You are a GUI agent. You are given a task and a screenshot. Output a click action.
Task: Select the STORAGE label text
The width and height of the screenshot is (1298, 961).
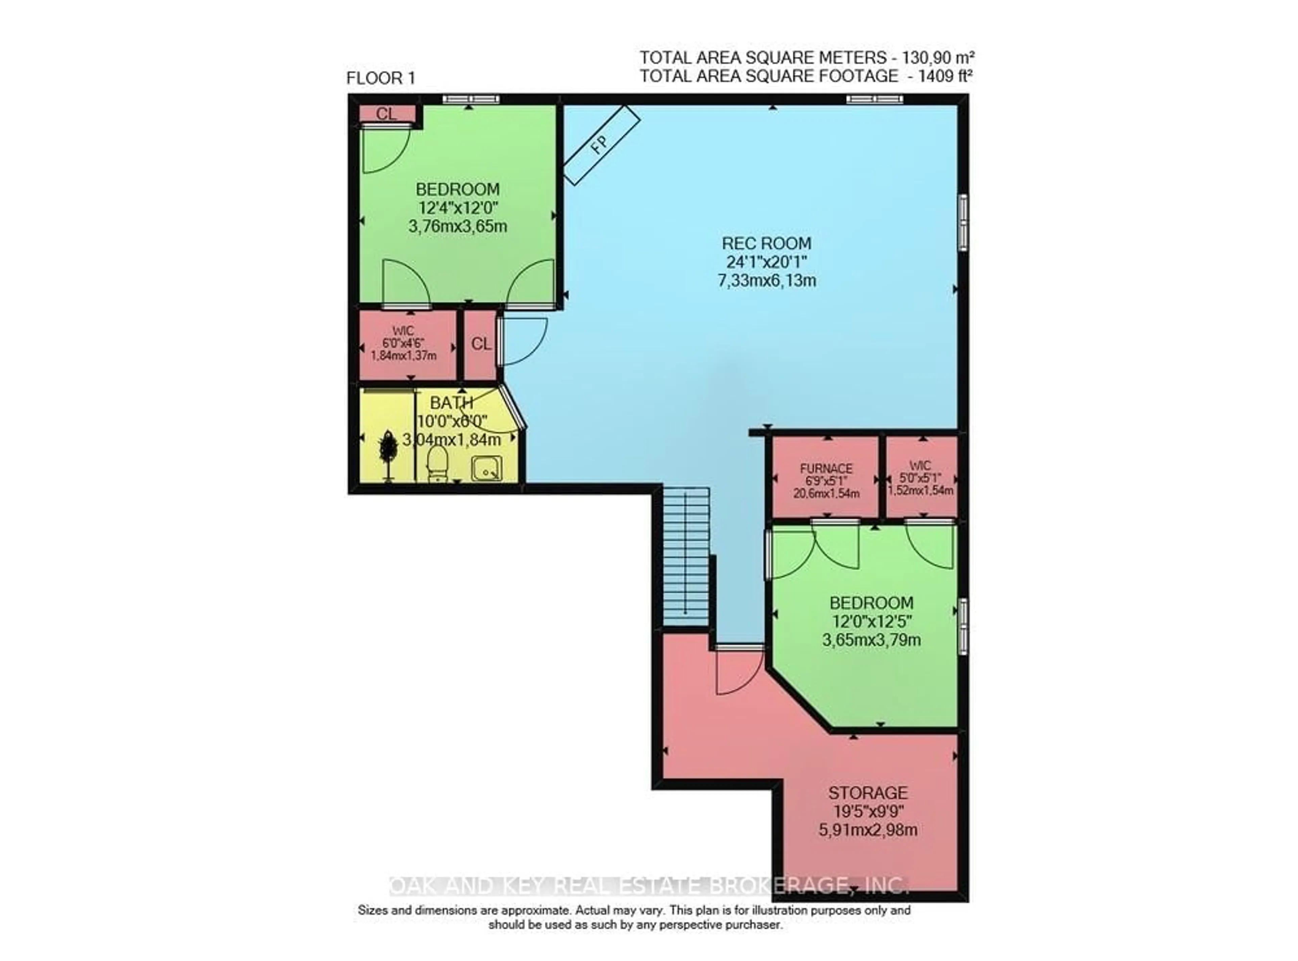point(867,793)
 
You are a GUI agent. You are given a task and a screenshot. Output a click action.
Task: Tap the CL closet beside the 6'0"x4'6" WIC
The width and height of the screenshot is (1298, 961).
point(480,345)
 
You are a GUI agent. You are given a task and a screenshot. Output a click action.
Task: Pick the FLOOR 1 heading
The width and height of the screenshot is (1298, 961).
point(381,78)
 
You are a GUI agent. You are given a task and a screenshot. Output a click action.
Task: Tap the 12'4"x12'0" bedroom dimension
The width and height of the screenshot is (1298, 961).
point(457,208)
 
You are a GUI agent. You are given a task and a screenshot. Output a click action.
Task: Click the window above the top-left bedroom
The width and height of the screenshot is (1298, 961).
point(470,99)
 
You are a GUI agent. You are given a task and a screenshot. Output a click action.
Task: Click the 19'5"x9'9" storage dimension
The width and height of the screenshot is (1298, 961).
point(867,811)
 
